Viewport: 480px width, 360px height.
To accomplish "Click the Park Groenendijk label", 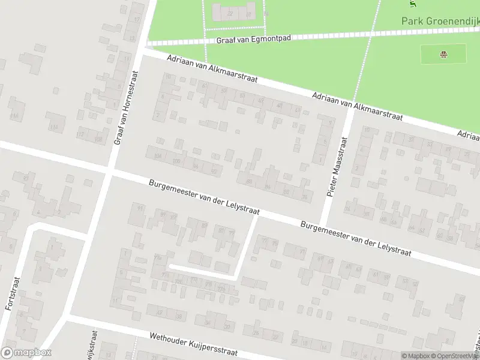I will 440,21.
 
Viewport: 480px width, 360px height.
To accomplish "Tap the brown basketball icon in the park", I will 443,55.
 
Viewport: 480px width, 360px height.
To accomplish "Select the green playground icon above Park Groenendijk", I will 412,4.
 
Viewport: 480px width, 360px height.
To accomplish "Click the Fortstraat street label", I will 10,292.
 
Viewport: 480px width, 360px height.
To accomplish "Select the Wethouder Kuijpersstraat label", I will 194,344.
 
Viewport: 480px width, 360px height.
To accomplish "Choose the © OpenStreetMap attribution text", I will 455,356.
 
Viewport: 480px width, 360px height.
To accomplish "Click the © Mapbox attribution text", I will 416,356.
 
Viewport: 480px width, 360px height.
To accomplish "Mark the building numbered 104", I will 158,156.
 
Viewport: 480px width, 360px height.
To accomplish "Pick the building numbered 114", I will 14,116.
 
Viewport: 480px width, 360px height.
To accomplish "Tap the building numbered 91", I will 140,208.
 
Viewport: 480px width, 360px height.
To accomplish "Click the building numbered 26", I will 256,333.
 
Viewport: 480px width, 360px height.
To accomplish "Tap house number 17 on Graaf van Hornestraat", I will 137,20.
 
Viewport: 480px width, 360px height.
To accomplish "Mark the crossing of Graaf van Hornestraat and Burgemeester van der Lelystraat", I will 109,171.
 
